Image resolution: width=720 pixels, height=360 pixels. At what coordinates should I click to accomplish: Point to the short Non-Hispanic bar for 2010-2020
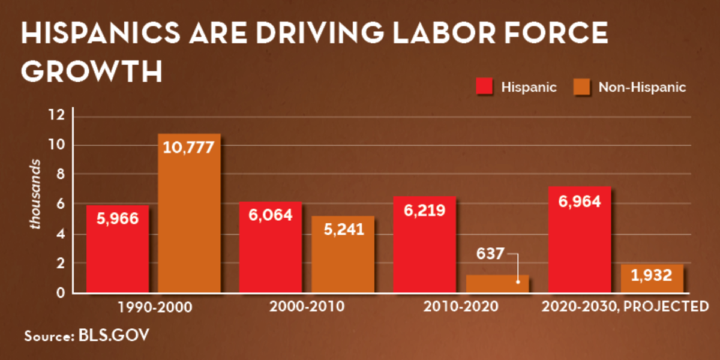pyautogui.click(x=498, y=285)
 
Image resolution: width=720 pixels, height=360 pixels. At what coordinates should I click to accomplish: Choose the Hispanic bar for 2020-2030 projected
pyautogui.click(x=580, y=252)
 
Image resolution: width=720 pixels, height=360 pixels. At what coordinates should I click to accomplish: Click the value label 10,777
pyautogui.click(x=189, y=147)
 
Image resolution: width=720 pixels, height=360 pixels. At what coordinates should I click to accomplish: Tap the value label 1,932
pyautogui.click(x=652, y=278)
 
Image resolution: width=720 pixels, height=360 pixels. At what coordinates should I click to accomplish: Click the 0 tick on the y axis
pyautogui.click(x=60, y=293)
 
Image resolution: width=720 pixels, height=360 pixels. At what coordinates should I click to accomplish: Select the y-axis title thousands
pyautogui.click(x=36, y=194)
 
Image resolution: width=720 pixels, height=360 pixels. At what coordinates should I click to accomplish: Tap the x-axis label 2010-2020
pyautogui.click(x=461, y=307)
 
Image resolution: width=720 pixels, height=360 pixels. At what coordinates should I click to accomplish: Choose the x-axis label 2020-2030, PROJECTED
pyautogui.click(x=624, y=307)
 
